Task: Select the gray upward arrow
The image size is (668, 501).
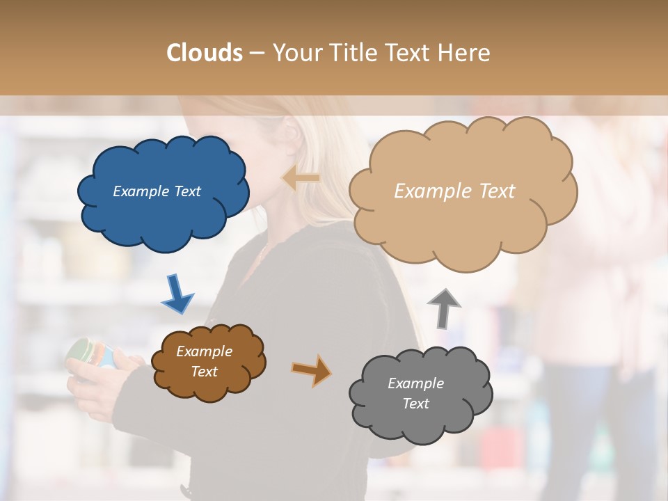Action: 443,308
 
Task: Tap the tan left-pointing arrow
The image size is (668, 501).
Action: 301,178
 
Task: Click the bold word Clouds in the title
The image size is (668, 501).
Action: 205,53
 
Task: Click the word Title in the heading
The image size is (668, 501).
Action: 353,53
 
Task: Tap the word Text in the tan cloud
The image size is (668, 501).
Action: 492,191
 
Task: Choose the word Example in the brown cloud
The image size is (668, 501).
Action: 204,351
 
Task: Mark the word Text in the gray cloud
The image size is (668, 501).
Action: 415,404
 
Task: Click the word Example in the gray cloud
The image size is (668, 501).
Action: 415,383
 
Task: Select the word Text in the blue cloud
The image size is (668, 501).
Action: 186,191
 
